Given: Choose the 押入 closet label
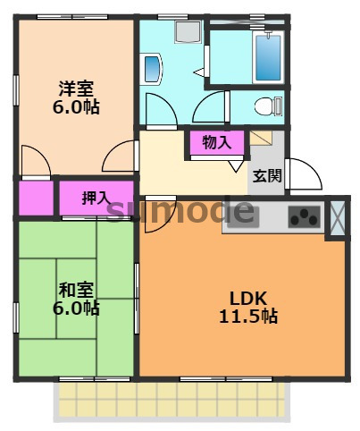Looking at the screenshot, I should (96, 198).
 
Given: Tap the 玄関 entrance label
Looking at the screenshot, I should (266, 175).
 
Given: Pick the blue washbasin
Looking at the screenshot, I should (151, 68).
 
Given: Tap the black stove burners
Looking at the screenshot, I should (306, 216).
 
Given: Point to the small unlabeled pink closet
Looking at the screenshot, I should (35, 198).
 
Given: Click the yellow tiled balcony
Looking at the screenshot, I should (173, 398).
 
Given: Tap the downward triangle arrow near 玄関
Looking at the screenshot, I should (235, 165).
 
